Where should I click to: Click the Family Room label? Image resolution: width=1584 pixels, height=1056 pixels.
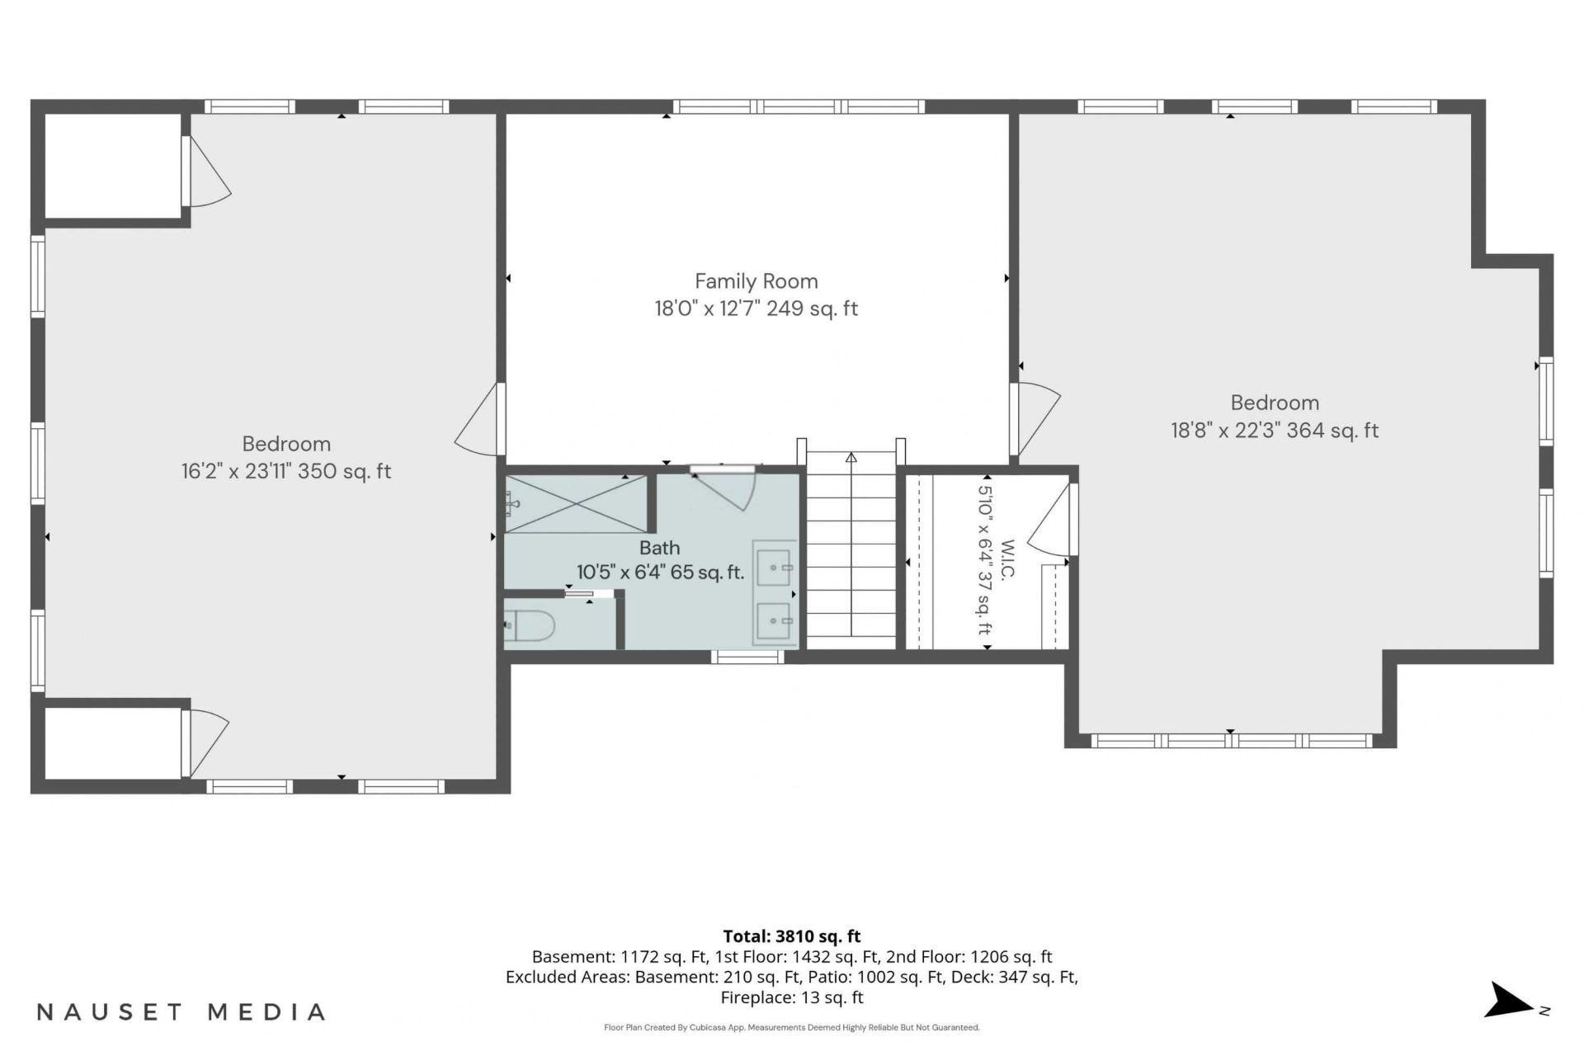756,281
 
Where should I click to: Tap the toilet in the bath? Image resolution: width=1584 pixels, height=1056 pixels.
529,626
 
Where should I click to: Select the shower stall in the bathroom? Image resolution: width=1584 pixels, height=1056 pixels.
576,504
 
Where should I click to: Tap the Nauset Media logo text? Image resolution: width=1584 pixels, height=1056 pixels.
181,1011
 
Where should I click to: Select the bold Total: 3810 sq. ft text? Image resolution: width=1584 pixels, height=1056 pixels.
792,936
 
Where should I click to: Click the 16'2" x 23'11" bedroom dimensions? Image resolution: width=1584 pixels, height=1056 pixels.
286,471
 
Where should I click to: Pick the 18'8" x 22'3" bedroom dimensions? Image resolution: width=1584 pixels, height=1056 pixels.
1275,431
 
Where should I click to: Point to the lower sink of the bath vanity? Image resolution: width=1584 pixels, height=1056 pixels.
774,618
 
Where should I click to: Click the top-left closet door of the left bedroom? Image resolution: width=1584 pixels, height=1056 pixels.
206,171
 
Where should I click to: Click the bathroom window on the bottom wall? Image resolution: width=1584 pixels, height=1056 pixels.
747,657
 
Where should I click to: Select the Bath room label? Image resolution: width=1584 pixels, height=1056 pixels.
660,548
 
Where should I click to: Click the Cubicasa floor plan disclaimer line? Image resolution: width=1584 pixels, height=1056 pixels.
792,1028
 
